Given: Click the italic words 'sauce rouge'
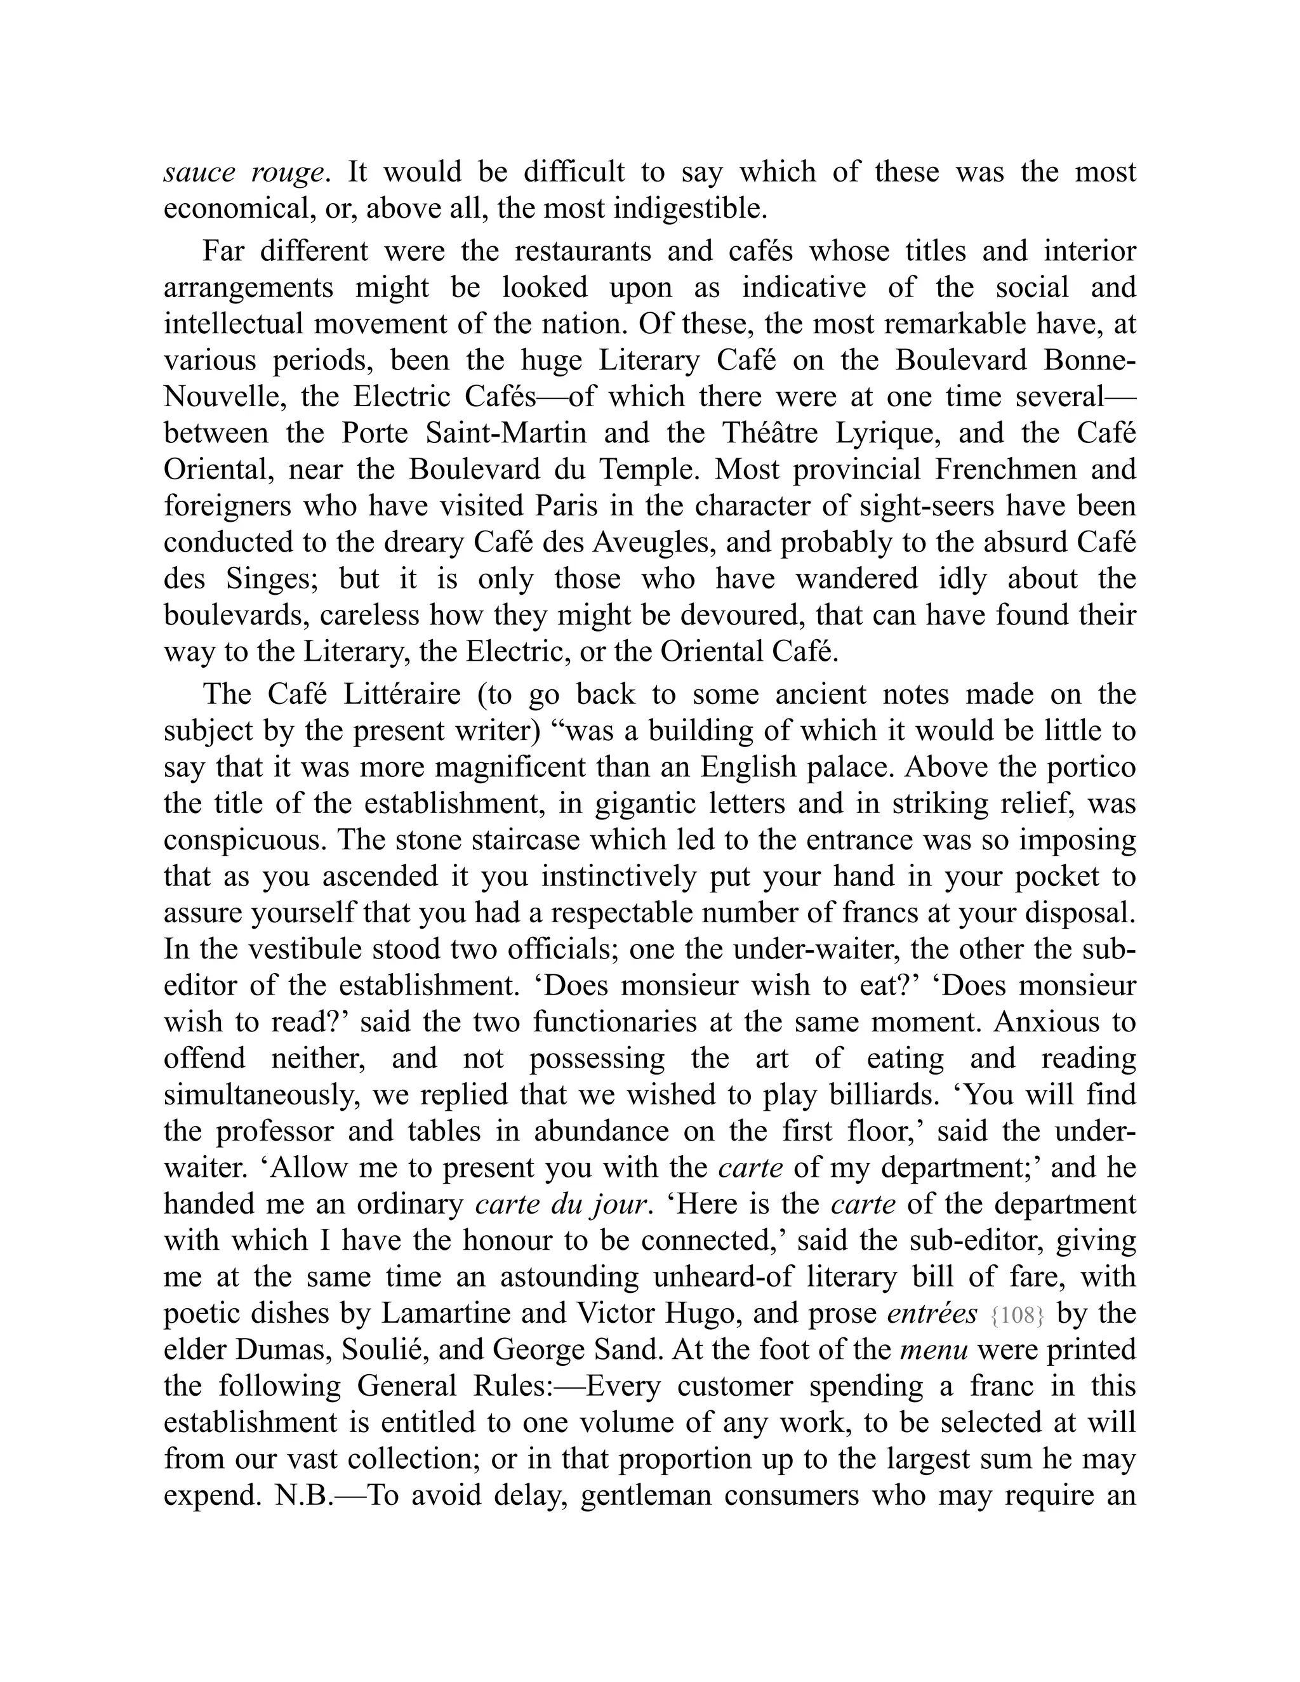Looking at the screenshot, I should (x=242, y=173).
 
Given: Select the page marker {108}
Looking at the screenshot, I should (x=1018, y=1315).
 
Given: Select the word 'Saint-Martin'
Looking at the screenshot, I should (x=506, y=434).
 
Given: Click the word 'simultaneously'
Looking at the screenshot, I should (x=262, y=1094).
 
